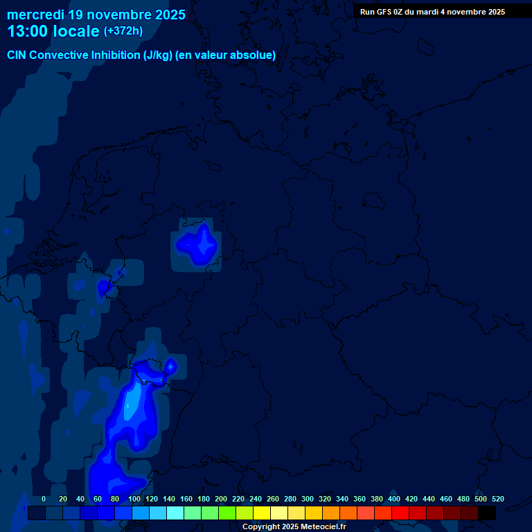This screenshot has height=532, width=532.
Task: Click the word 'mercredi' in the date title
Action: coord(35,15)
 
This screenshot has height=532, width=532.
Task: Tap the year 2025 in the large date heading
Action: coord(168,15)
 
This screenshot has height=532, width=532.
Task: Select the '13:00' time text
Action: coord(28,31)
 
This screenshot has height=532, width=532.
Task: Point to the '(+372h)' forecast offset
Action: coord(123,31)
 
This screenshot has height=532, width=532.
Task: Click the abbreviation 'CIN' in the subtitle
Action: coord(17,55)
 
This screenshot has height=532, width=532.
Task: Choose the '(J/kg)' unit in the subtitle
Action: coord(159,55)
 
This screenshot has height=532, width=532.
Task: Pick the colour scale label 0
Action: coord(44,499)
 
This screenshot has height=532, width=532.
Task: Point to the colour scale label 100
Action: coord(134,499)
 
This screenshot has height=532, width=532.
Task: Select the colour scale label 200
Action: coord(221,499)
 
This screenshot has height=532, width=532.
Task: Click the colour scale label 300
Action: coord(308,499)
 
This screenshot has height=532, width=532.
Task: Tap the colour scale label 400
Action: coord(394,499)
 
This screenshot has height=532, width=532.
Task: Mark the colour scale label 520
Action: coord(498,499)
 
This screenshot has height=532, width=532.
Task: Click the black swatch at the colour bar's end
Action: coord(487,513)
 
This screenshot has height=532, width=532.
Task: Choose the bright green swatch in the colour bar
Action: coord(227,513)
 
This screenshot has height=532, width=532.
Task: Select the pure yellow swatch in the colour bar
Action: coord(262,513)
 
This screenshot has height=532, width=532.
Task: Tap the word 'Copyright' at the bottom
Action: coord(261,527)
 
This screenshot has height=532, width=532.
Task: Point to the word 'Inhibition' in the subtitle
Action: coord(115,55)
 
